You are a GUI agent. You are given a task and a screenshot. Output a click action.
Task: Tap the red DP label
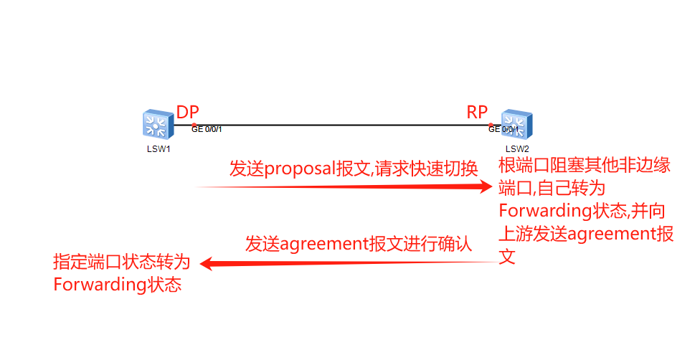pos(188,112)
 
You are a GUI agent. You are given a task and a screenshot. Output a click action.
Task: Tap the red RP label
pos(477,112)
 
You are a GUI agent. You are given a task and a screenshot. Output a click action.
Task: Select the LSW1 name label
pos(153,149)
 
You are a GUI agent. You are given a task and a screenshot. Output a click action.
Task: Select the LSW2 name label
pos(516,149)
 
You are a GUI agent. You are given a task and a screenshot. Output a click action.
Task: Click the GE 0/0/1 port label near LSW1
pos(207,130)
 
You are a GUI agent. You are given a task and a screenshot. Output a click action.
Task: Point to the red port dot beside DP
pos(194,125)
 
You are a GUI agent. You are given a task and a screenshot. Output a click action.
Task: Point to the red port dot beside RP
pos(491,125)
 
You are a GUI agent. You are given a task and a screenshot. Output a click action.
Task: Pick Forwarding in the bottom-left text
pos(100,285)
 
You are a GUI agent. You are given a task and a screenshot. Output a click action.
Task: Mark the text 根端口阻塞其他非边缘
pos(585,166)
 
